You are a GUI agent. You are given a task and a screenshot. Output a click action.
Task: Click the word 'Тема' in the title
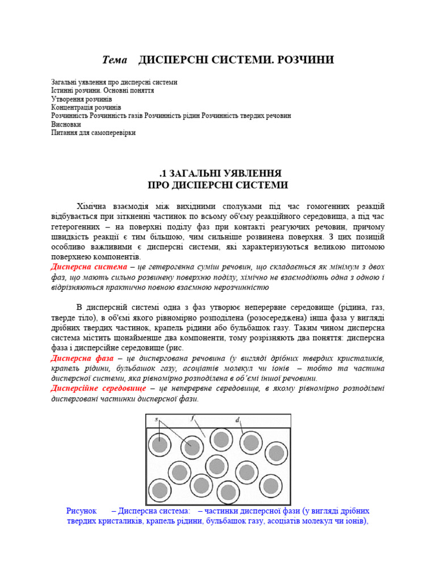pos(114,60)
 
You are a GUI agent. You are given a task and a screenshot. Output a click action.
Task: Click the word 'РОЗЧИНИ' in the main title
pos(305,60)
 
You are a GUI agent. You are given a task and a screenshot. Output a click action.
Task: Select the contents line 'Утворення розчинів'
pos(82,99)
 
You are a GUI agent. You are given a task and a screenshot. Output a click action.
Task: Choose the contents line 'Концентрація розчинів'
pos(86,107)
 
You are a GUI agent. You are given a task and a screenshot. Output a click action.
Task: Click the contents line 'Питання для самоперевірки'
pos(94,133)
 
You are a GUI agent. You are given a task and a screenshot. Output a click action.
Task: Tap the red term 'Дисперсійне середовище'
pos(98,389)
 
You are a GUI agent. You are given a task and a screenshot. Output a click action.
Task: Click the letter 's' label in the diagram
pos(156,419)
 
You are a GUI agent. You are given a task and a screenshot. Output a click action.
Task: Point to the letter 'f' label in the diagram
pos(192,419)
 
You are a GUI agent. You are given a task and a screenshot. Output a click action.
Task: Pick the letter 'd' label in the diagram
pos(237,420)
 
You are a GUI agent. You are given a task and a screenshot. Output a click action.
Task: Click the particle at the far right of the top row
pos(276,453)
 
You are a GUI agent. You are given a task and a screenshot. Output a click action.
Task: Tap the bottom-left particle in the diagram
pos(160,490)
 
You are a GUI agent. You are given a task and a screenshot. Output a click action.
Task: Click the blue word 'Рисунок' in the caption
pos(82,511)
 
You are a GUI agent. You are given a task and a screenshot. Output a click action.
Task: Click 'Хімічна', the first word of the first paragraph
pos(93,206)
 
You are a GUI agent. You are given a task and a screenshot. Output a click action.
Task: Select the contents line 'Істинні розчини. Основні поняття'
pos(103,90)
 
